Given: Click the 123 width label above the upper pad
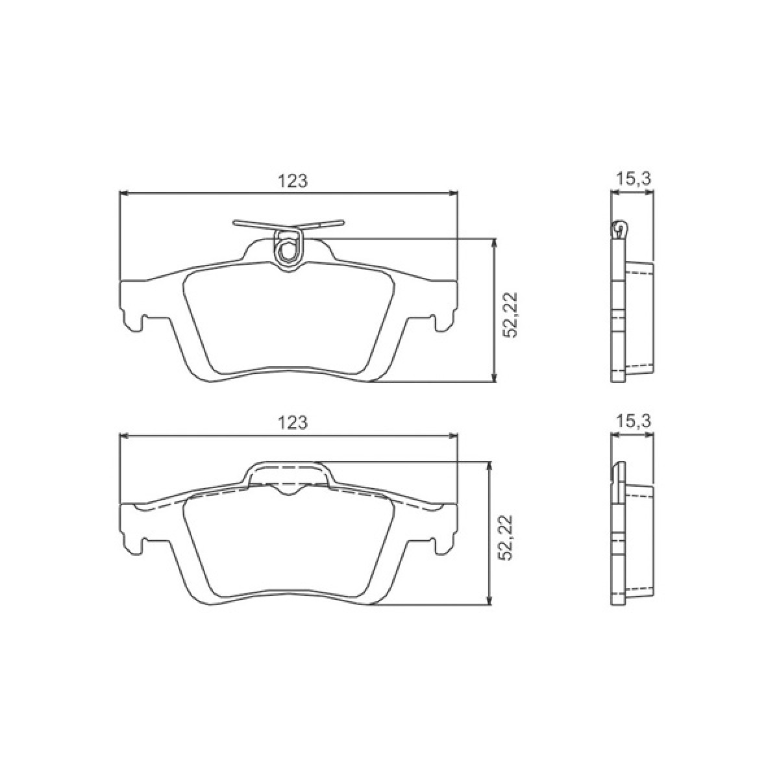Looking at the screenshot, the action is point(293,180).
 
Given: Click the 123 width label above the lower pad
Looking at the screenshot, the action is point(293,422).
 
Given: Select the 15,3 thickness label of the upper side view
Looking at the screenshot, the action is point(634,178).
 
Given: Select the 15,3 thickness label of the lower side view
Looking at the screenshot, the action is point(634,422).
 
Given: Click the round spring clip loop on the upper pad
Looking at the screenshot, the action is point(288,251).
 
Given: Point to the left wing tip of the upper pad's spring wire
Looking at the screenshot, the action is point(234,221).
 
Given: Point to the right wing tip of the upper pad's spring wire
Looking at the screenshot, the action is point(343,221).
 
